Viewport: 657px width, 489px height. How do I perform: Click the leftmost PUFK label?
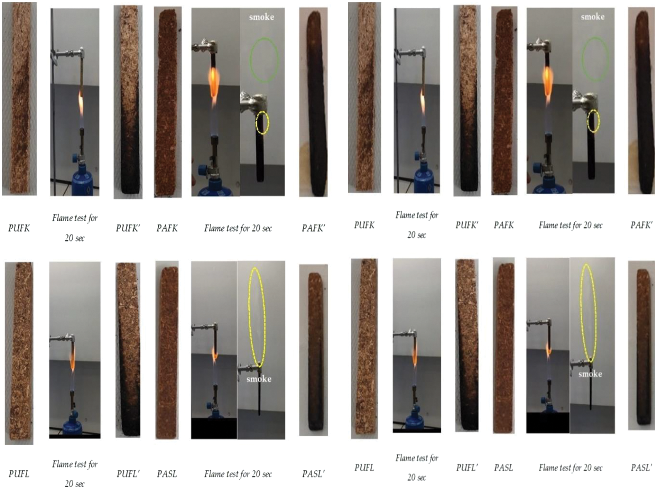point(19,228)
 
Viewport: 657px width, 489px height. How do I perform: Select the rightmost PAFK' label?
point(641,225)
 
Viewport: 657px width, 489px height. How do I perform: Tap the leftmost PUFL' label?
point(128,473)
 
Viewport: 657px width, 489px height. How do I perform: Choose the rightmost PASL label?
point(503,468)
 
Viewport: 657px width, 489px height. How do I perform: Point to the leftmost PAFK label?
point(167,228)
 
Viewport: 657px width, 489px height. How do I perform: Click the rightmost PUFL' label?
point(467,468)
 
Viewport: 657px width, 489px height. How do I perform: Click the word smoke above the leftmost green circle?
point(261,17)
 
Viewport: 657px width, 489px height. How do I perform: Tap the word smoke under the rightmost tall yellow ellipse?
point(590,374)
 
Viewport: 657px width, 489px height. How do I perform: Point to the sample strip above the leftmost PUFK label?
point(19,99)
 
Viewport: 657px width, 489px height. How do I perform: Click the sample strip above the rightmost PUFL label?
point(364,349)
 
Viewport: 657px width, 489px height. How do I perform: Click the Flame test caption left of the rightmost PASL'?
point(570,468)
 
